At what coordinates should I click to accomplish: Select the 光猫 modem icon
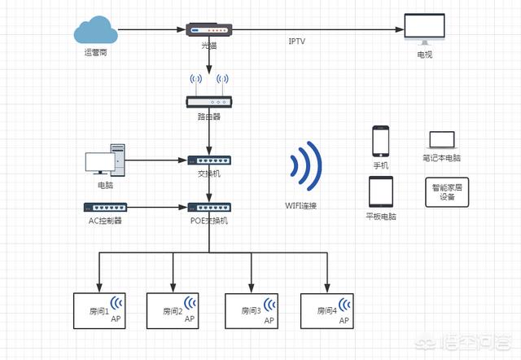tap(210, 29)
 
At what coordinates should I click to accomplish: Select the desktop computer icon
tap(106, 160)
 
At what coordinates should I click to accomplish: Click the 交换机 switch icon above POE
tap(209, 160)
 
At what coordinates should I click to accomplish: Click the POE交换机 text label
tap(209, 221)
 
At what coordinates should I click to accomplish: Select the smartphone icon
tap(381, 140)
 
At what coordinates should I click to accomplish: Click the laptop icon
tap(441, 140)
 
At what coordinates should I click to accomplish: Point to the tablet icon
tap(381, 192)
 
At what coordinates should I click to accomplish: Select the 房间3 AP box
tap(251, 310)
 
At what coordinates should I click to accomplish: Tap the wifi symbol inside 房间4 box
tap(346, 305)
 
